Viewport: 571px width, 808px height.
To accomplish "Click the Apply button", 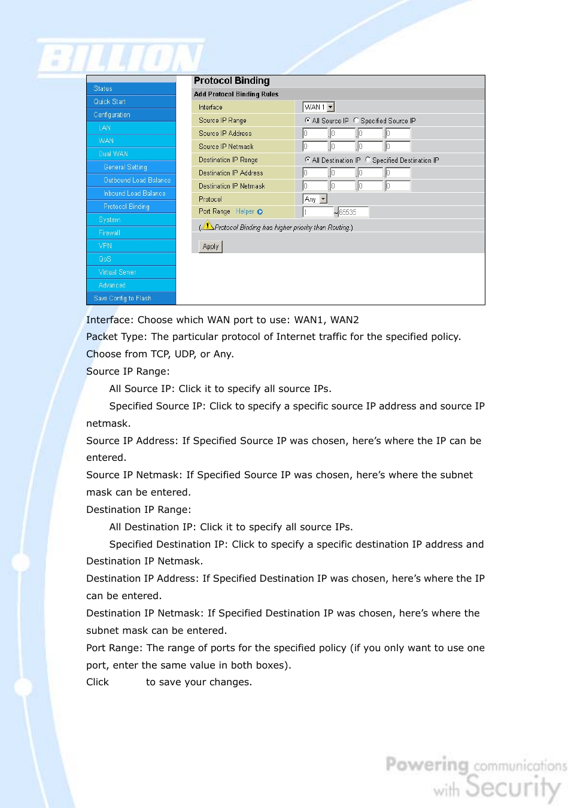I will click(x=210, y=247).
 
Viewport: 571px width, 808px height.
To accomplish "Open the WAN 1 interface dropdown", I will click(x=318, y=107).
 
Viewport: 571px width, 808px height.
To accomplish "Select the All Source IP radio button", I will click(x=308, y=120).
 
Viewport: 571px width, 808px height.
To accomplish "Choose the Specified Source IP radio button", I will click(x=356, y=120).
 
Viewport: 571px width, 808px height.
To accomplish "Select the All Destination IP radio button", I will click(x=308, y=160).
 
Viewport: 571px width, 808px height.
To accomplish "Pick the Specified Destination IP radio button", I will click(x=367, y=160).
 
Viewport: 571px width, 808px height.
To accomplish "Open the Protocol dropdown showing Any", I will click(x=315, y=199).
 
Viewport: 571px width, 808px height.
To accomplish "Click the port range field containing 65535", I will click(x=353, y=212).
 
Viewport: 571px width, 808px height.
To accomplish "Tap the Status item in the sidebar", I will click(x=103, y=89).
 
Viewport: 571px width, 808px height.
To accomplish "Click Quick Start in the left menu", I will click(x=110, y=102).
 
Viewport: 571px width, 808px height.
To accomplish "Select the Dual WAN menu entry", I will click(x=113, y=154).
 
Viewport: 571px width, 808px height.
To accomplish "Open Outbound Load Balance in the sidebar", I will click(x=137, y=180).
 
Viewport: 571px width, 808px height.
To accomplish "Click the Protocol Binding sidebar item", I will click(x=126, y=206).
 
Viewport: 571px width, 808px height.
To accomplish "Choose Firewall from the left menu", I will click(x=110, y=233).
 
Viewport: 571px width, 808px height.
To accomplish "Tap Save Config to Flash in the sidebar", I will click(x=122, y=298).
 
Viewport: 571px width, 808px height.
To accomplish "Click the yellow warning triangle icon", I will click(x=208, y=226).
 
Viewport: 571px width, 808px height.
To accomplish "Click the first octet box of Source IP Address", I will click(x=315, y=133).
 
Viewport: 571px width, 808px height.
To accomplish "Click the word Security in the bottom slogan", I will click(x=513, y=787).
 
